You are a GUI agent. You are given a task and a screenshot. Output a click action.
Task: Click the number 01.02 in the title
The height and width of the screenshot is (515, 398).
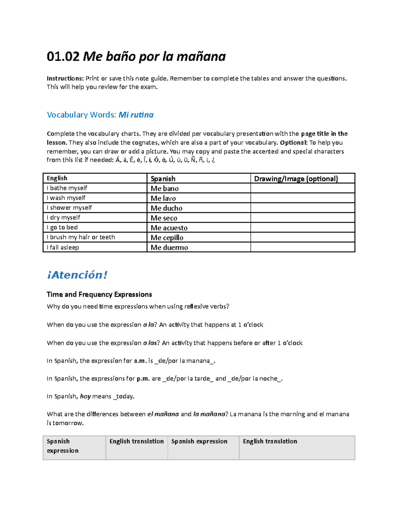(63, 57)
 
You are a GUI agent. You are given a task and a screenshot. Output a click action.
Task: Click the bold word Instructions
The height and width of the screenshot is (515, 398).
(65, 79)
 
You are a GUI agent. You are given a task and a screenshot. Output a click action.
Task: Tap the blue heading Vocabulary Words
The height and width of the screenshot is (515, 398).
(81, 115)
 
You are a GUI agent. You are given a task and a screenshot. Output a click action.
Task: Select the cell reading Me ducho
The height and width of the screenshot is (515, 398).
(166, 208)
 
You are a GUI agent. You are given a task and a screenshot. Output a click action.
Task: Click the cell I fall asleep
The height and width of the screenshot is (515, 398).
(63, 247)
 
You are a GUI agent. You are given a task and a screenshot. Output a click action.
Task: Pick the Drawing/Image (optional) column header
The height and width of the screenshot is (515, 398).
(296, 179)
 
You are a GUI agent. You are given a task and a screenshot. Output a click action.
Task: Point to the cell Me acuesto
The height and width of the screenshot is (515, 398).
(169, 228)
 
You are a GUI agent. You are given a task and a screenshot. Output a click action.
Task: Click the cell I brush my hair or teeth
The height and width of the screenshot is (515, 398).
(81, 237)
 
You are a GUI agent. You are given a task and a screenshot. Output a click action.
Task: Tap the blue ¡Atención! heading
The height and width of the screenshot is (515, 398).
(77, 275)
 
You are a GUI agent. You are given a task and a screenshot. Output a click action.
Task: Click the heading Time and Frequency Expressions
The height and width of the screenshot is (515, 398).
(99, 294)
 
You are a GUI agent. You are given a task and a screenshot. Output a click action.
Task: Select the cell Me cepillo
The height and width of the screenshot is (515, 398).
(167, 238)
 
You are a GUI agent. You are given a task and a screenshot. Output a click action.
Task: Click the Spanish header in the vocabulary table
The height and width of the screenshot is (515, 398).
(163, 179)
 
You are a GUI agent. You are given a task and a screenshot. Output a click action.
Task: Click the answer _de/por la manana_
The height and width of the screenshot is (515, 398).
(184, 361)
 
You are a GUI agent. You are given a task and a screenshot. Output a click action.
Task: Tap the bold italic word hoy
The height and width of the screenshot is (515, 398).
(85, 396)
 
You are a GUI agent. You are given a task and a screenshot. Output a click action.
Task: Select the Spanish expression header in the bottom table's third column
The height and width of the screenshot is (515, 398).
(199, 441)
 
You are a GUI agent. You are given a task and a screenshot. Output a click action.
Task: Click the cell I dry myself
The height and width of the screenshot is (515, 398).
(63, 218)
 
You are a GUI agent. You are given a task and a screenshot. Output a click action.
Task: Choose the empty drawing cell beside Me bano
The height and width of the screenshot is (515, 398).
(302, 188)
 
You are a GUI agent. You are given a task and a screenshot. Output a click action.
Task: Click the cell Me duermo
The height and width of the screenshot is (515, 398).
(169, 248)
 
